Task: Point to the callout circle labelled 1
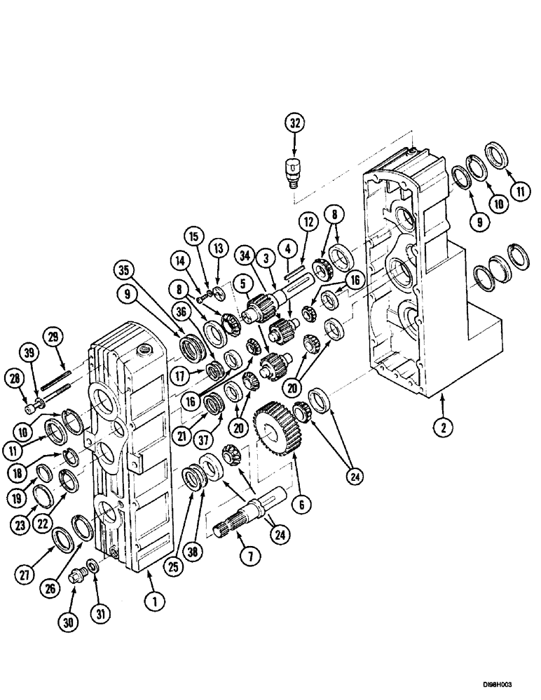tap(151, 600)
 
